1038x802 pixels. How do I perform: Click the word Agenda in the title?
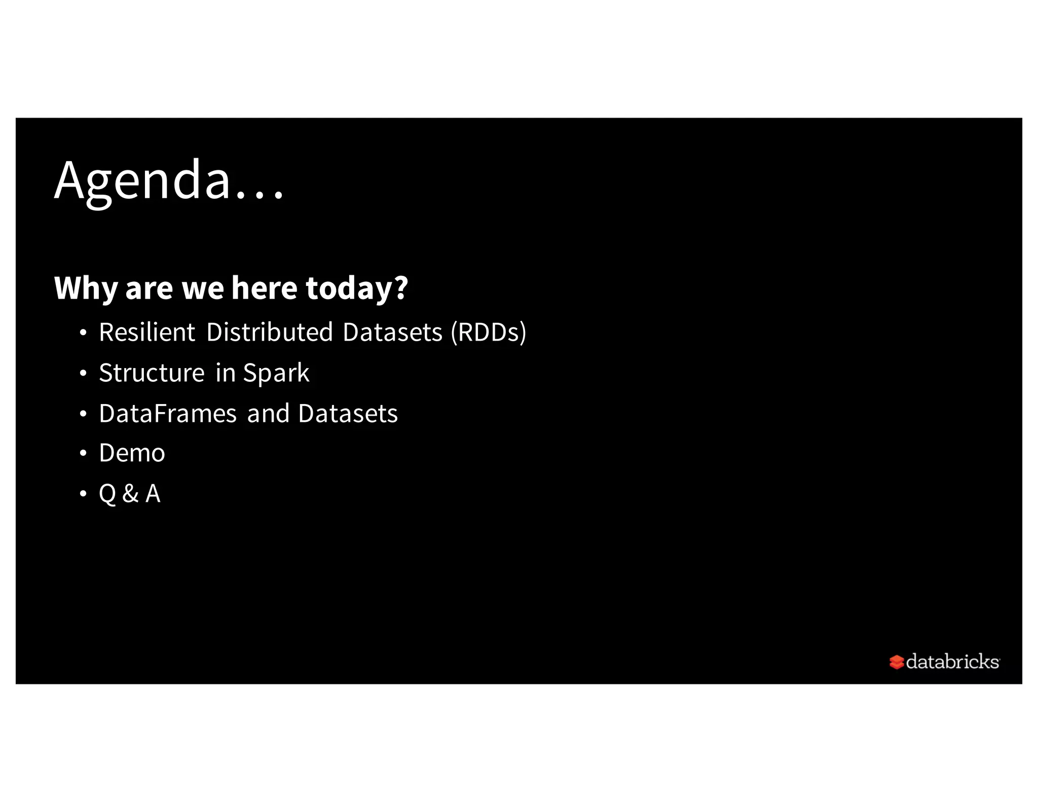pos(142,180)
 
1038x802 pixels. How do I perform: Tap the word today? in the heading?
pos(356,288)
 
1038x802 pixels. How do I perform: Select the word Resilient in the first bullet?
pos(147,333)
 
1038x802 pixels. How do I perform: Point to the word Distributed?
pos(270,333)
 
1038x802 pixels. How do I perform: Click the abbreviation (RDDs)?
pos(489,333)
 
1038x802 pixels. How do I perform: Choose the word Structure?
pos(152,373)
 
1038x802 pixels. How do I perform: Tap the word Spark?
pos(276,373)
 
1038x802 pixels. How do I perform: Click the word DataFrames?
pos(168,414)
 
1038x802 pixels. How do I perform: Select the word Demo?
pos(132,453)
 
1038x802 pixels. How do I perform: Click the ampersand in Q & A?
pos(130,494)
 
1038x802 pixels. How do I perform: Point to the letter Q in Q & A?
pos(107,494)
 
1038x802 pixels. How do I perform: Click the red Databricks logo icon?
pos(896,662)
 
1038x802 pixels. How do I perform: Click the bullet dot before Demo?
pos(83,453)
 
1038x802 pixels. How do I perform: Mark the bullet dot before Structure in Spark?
pos(83,374)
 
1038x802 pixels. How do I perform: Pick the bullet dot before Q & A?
pos(83,494)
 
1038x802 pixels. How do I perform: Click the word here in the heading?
pos(264,288)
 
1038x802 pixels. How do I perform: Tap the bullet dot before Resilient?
pos(83,333)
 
